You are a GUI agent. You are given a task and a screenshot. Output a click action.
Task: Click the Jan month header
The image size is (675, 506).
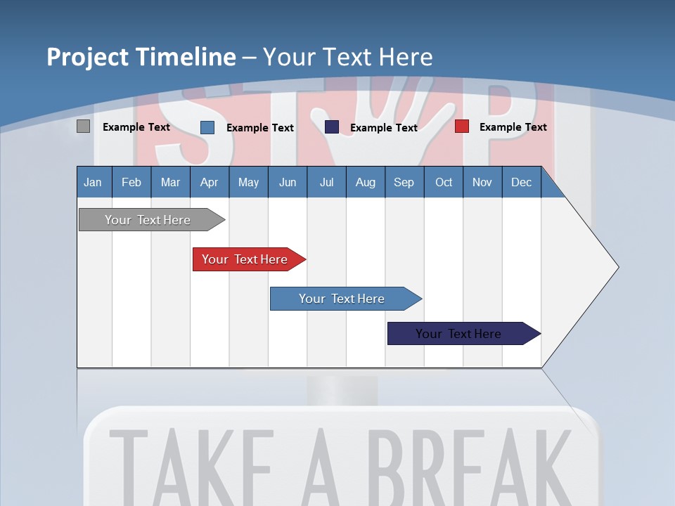[x=93, y=183]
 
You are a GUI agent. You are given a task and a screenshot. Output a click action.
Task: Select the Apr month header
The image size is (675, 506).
[x=209, y=183]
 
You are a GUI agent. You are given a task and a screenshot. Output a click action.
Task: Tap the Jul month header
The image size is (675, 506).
[x=326, y=183]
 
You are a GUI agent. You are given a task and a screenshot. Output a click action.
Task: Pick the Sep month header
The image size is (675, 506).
[x=404, y=183]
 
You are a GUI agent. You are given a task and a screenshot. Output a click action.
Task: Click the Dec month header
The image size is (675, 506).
[x=521, y=183]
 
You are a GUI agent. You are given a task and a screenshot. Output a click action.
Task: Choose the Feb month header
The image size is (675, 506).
[x=131, y=183]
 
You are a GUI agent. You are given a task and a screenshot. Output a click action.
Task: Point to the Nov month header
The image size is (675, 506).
[x=482, y=183]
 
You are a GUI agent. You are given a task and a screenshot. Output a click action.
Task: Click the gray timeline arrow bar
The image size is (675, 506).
[x=148, y=220]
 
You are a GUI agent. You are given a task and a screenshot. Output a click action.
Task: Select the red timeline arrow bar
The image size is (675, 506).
[x=245, y=259]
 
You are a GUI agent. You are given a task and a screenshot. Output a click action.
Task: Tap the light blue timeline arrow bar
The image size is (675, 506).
[x=342, y=299]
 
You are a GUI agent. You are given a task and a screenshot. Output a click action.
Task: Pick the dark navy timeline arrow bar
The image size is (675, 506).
[x=458, y=334]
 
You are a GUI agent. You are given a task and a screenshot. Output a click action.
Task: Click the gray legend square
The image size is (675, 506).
[x=84, y=126]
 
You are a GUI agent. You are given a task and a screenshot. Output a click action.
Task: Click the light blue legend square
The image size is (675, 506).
[x=207, y=127]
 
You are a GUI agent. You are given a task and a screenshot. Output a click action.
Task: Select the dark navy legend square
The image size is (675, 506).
[x=332, y=126]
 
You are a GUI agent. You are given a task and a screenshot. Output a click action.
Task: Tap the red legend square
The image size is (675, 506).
[x=462, y=126]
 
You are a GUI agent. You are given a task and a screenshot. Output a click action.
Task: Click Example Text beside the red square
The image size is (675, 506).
[x=513, y=127]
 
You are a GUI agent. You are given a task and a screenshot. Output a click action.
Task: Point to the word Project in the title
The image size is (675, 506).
[x=86, y=57]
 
